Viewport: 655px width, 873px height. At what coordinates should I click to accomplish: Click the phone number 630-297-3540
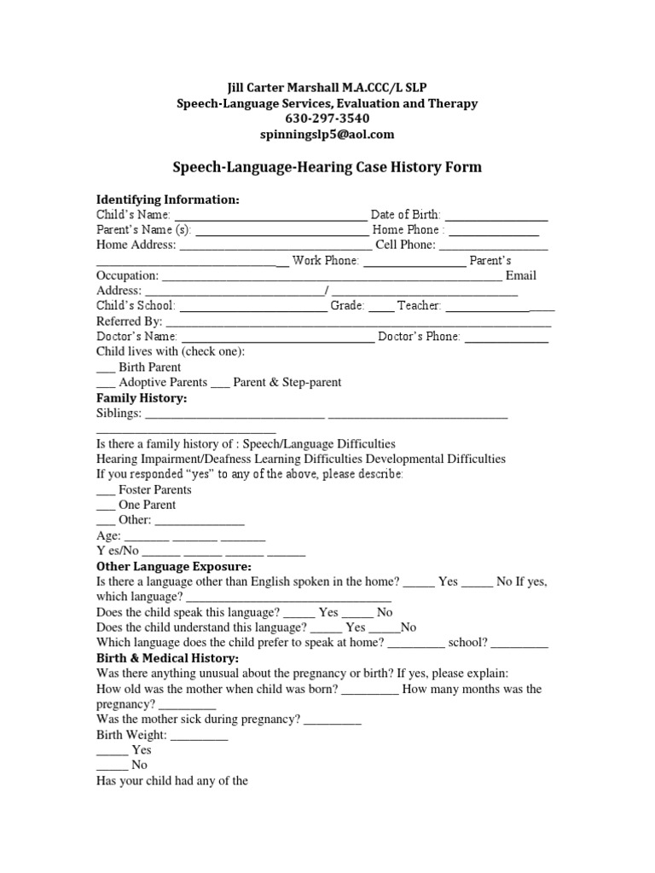click(327, 119)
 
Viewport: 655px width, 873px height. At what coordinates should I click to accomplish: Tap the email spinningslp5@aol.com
click(327, 134)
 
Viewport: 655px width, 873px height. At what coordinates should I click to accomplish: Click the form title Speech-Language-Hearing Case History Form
click(327, 167)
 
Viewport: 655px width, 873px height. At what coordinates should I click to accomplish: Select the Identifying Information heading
click(168, 199)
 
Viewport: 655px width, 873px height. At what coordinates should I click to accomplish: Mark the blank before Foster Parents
click(106, 491)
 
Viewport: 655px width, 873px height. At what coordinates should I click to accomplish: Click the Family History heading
click(142, 398)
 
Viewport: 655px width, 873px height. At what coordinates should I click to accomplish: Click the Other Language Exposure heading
click(174, 566)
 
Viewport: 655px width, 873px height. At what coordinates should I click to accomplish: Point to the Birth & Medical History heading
click(168, 658)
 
